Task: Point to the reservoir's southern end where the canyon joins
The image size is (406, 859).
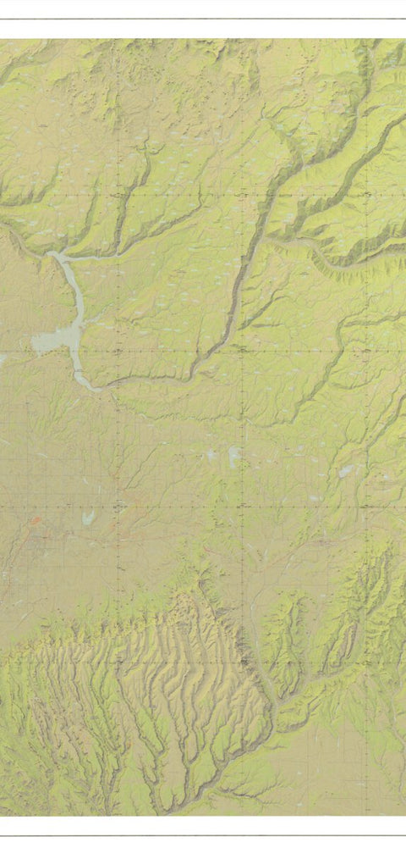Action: (x=91, y=385)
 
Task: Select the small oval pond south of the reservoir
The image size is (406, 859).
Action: (x=85, y=517)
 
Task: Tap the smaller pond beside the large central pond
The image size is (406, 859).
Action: (x=212, y=455)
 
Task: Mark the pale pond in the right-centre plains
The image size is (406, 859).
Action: (x=345, y=471)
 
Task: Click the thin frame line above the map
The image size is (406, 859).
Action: (x=203, y=19)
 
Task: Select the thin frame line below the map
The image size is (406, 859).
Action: (x=203, y=836)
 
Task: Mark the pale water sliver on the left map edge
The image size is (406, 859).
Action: (x=3, y=359)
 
